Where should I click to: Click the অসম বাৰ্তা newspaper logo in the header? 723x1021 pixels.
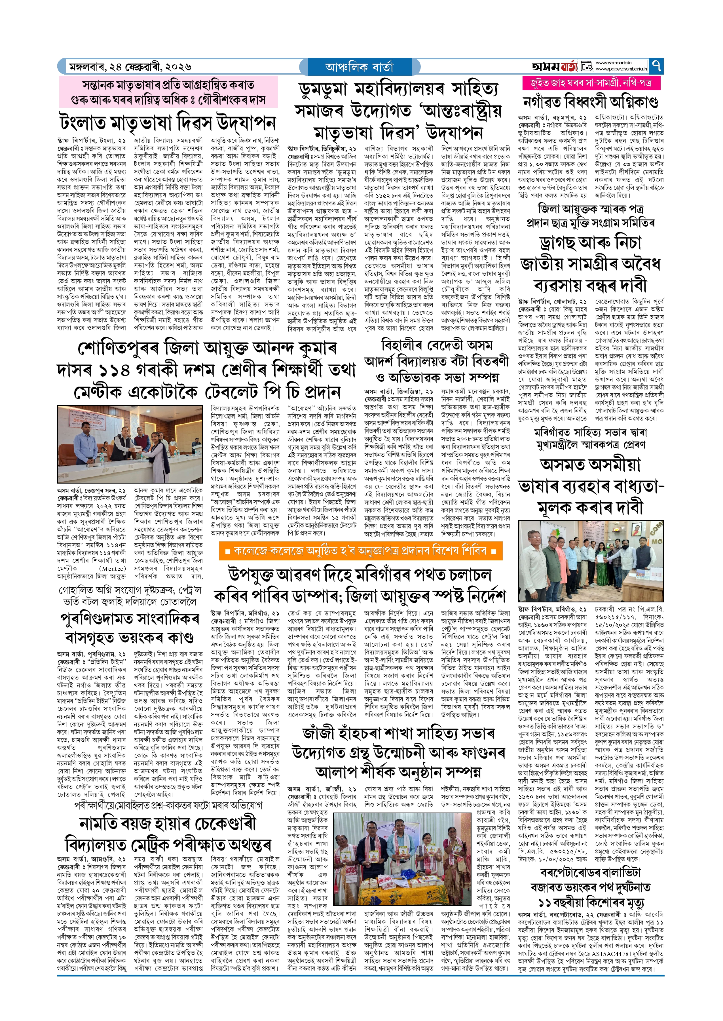(x=554, y=66)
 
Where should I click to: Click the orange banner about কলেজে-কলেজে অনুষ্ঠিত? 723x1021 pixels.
(x=361, y=550)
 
